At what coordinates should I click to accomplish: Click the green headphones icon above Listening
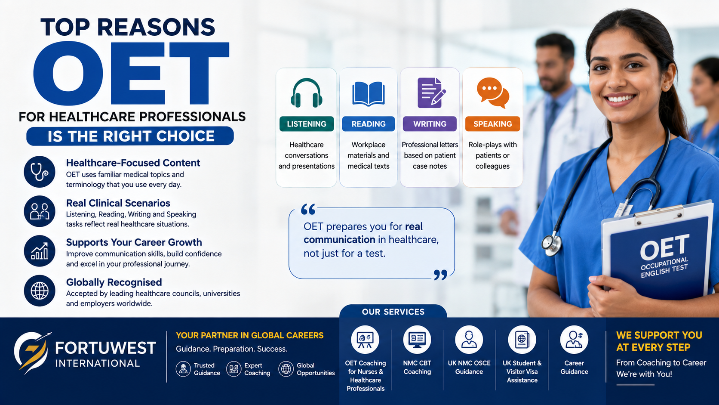[x=306, y=93]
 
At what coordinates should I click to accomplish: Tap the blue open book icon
[x=368, y=94]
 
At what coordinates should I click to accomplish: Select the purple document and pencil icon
[x=431, y=93]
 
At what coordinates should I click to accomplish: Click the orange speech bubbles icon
[x=493, y=93]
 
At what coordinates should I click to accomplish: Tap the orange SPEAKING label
[x=493, y=124]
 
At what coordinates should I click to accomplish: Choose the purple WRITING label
[x=430, y=124]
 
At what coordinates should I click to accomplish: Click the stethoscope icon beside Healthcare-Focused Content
[x=40, y=172]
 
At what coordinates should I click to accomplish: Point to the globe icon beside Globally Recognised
[x=40, y=291]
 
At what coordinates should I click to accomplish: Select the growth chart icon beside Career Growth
[x=40, y=251]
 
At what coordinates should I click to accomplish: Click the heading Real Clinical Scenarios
[x=118, y=203]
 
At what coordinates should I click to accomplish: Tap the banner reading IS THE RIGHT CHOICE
[x=130, y=136]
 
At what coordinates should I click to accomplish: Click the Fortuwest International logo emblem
[x=32, y=352]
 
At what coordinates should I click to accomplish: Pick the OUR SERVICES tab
[x=393, y=312]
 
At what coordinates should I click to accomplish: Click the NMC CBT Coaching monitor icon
[x=417, y=340]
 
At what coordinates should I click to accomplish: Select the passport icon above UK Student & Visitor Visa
[x=522, y=340]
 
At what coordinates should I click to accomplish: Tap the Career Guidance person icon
[x=574, y=340]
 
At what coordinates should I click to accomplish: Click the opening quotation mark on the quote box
[x=308, y=210]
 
